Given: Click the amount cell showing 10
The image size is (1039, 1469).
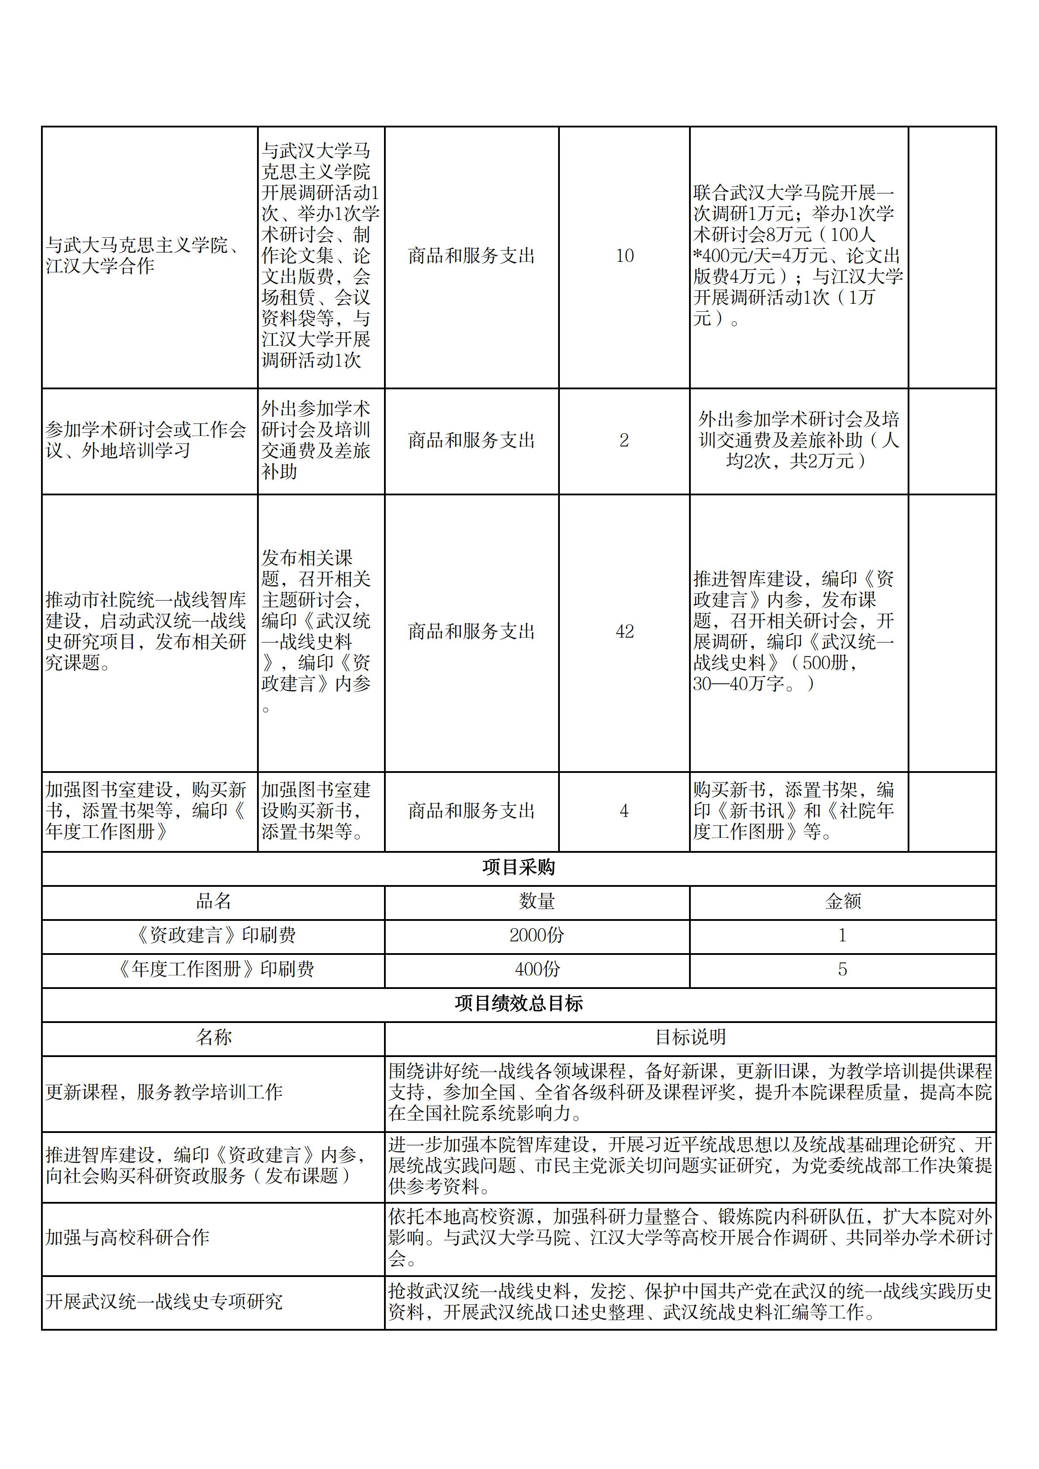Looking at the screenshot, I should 624,256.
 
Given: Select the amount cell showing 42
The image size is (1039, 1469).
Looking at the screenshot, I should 624,632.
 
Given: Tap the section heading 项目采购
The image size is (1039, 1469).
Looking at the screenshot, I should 518,868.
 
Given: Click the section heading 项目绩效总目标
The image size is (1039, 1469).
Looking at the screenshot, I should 518,1003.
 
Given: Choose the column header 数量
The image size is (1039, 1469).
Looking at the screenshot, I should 537,902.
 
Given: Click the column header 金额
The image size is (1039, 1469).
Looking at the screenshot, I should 843,902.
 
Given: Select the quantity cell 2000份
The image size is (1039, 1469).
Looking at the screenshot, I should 537,935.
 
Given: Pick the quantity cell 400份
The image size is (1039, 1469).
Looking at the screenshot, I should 537,969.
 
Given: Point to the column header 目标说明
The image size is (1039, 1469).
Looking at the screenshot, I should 689,1037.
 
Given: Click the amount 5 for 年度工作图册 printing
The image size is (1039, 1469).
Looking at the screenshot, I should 843,969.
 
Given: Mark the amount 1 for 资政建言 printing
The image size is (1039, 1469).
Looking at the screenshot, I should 843,935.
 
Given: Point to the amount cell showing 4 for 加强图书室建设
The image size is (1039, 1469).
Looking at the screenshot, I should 624,811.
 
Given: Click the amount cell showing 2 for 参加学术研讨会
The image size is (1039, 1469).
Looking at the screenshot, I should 624,440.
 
